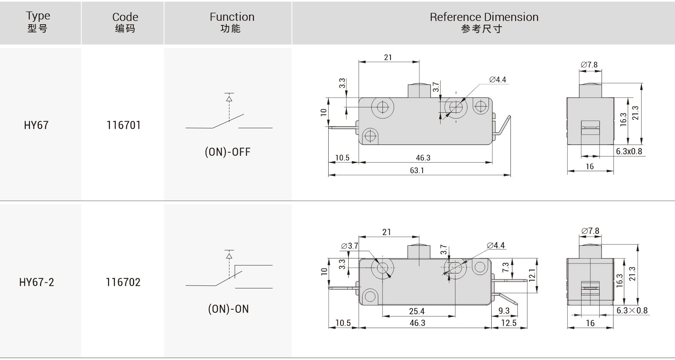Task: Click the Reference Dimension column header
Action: point(484,22)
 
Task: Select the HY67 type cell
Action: point(36,125)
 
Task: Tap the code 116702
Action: point(123,282)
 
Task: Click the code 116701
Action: point(123,125)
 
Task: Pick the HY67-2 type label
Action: point(37,282)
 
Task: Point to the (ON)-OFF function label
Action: point(228,152)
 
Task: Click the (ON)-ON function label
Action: point(228,309)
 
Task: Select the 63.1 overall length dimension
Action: point(417,170)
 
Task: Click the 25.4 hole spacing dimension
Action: point(417,311)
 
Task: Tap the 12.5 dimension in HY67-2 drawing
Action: point(509,323)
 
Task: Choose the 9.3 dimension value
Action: point(504,311)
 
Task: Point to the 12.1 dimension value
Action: point(532,275)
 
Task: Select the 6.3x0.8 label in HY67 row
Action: point(629,152)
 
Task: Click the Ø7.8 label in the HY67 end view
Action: point(589,65)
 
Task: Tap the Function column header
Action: point(232,22)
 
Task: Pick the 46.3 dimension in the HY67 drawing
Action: point(423,158)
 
